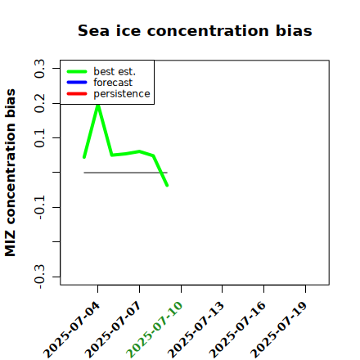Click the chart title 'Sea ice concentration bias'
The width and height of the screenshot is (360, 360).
[x=195, y=30]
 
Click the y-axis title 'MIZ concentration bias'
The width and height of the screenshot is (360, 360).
[x=10, y=173]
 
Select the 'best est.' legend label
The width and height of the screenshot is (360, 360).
[x=115, y=71]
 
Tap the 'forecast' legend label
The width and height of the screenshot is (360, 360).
[x=113, y=83]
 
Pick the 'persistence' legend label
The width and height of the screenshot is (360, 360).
[x=122, y=94]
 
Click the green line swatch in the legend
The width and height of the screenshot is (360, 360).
[x=77, y=71]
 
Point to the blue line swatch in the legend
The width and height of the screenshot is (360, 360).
[x=77, y=83]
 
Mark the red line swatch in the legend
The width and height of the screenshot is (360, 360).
[x=77, y=94]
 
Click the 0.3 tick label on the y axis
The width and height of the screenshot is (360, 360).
[x=39, y=69]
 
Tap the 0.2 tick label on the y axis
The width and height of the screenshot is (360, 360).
[x=39, y=103]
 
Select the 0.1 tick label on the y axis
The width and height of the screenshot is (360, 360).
[x=39, y=138]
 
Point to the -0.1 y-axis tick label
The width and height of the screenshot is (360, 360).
[x=39, y=208]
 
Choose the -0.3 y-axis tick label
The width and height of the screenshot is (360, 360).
[x=39, y=277]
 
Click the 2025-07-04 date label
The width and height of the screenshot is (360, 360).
[x=71, y=330]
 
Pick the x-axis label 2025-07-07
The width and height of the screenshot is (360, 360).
[x=113, y=330]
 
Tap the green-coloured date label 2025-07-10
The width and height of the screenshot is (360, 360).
[x=155, y=330]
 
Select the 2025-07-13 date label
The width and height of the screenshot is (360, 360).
[x=196, y=330]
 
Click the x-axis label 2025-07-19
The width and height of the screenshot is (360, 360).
[x=279, y=330]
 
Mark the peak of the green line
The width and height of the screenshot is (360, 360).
[x=98, y=106]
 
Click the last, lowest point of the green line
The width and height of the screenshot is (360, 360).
[x=167, y=186]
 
